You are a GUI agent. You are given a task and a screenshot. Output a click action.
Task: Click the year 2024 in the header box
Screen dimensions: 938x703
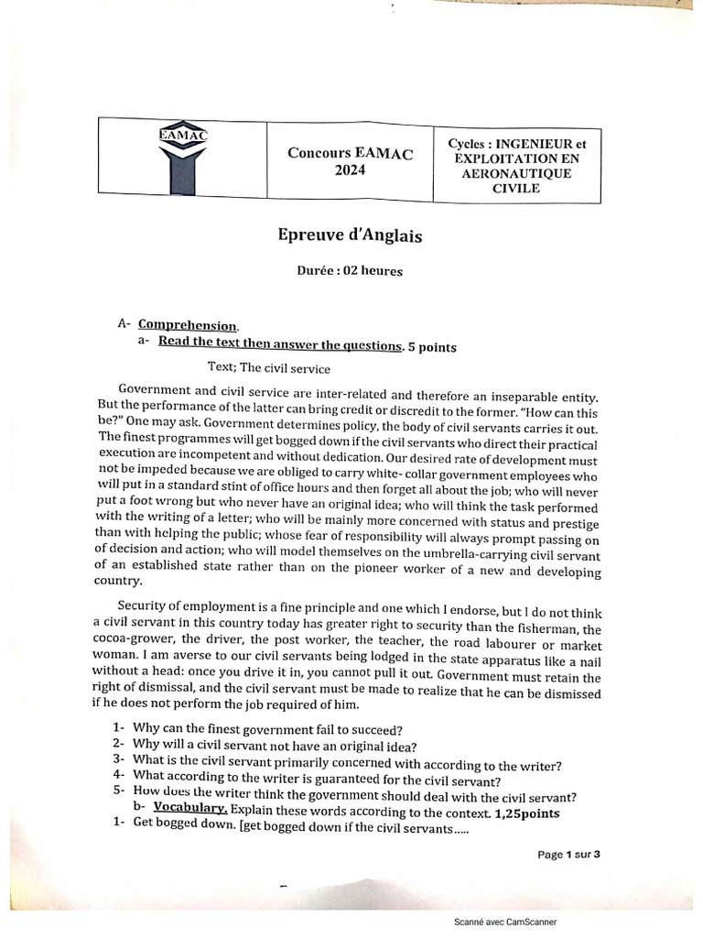[x=350, y=170]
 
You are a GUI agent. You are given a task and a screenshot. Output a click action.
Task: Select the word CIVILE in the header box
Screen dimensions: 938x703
[x=516, y=189]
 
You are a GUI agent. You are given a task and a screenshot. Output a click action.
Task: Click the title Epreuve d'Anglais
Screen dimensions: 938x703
[x=350, y=235]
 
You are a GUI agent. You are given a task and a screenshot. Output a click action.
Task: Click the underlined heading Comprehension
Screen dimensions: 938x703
[x=189, y=325]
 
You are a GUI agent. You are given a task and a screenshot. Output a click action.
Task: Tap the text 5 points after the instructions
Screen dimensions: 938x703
[x=431, y=346]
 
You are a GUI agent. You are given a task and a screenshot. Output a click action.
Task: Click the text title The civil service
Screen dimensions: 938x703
[x=268, y=368]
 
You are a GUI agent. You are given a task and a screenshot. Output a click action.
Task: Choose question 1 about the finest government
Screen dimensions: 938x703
[x=265, y=729]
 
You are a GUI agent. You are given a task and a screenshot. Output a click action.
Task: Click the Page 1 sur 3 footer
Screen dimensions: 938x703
[x=568, y=855]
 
